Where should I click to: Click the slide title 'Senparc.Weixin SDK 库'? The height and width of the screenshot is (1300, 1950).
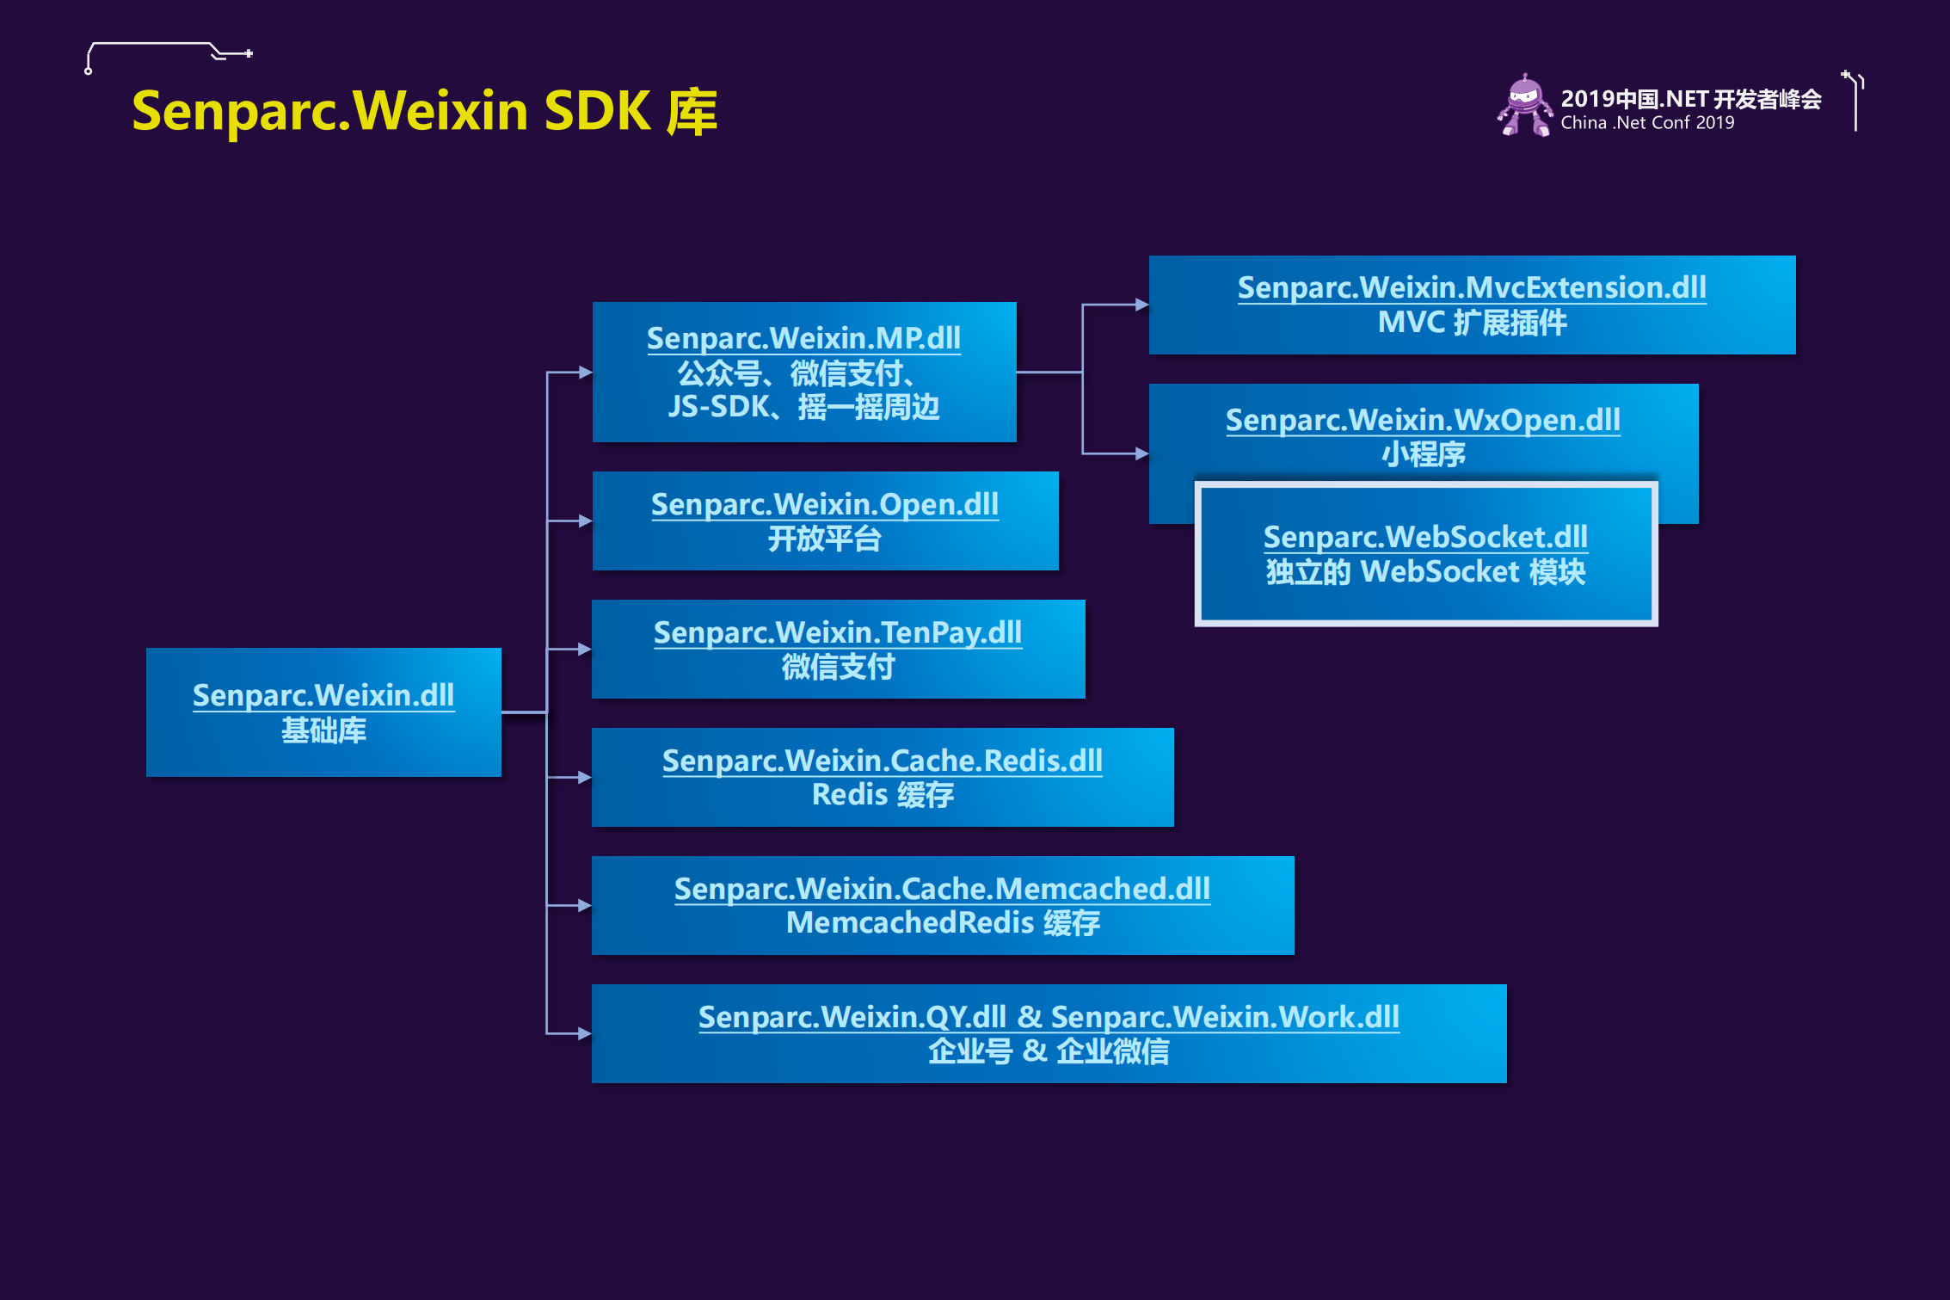click(424, 112)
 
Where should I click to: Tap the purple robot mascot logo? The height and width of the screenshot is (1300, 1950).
click(1524, 106)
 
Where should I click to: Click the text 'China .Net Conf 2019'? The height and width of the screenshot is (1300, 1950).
click(1647, 123)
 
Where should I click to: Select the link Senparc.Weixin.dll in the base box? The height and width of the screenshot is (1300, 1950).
click(323, 695)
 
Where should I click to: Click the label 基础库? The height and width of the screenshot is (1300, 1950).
click(323, 730)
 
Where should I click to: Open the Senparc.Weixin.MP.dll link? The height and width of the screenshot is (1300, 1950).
click(803, 338)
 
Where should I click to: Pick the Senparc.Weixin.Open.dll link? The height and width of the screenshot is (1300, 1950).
click(824, 504)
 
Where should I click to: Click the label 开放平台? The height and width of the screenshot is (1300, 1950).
click(824, 539)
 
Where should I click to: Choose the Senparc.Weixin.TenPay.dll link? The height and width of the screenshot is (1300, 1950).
click(837, 632)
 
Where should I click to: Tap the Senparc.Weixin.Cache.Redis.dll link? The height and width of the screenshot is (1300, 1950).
click(882, 761)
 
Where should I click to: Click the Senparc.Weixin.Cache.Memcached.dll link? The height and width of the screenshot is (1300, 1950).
click(942, 889)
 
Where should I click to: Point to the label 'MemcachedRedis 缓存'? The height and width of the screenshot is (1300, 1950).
click(942, 923)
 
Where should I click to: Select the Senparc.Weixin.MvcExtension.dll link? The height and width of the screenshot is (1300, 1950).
click(1472, 287)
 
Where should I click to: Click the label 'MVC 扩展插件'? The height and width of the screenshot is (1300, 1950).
click(1472, 323)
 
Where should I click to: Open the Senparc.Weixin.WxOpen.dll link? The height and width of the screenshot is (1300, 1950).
click(1423, 420)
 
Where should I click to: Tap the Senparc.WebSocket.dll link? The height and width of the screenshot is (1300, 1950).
click(1425, 537)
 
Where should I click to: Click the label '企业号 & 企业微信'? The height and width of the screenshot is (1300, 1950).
click(1048, 1051)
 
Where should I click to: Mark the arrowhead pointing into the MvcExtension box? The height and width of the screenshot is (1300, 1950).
click(1141, 305)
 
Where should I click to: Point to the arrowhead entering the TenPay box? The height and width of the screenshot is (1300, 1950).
click(584, 649)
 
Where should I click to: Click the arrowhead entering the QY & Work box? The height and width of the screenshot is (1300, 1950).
click(584, 1033)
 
